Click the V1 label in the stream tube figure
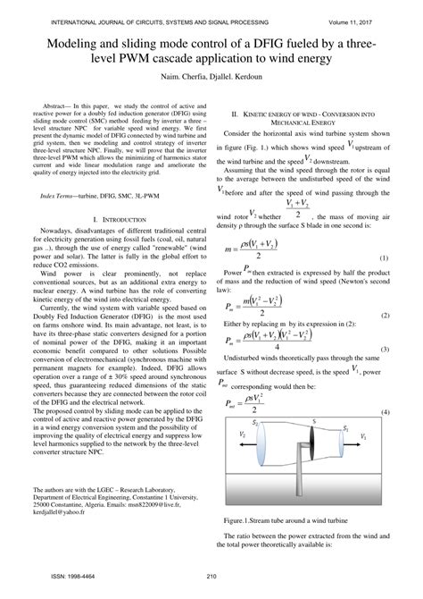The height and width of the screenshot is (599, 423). tap(362, 436)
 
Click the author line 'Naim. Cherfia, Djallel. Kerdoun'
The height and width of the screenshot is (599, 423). tap(211, 78)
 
